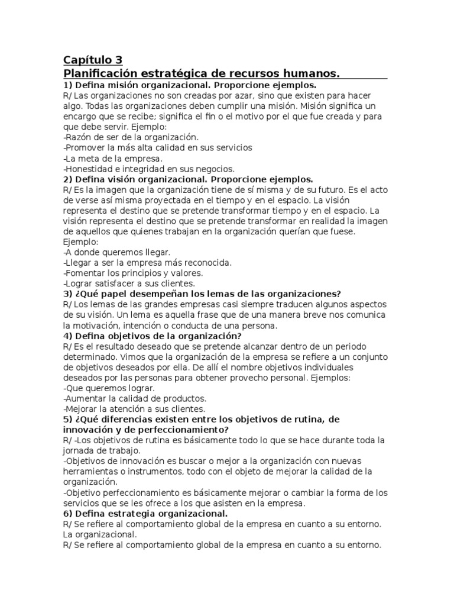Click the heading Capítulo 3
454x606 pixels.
pyautogui.click(x=93, y=60)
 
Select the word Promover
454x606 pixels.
pyautogui.click(x=86, y=147)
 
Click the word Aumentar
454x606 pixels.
pyautogui.click(x=86, y=399)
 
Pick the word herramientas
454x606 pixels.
pyautogui.click(x=92, y=472)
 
